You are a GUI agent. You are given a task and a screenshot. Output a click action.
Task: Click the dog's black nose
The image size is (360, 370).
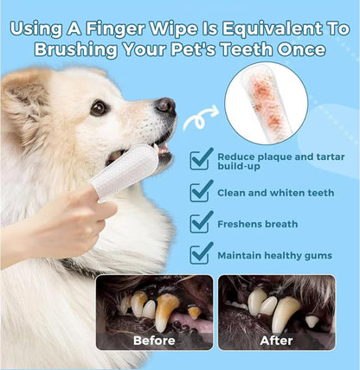click(165, 106)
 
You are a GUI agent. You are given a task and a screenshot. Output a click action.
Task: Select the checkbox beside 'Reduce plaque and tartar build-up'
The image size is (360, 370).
click(202, 157)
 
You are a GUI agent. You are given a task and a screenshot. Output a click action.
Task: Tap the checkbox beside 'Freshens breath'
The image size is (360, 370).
click(202, 221)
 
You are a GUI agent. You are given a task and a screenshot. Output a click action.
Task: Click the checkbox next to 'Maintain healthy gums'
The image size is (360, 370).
click(202, 253)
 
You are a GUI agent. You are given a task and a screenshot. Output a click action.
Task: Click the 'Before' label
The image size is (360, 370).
click(154, 340)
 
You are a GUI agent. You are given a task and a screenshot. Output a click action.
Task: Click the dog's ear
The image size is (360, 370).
click(26, 104)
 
